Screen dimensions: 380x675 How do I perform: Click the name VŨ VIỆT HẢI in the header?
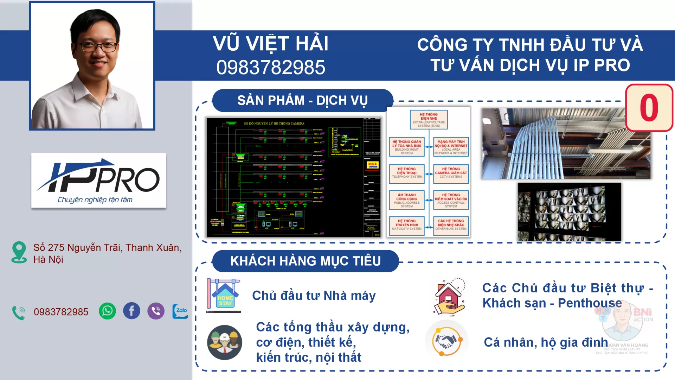click(x=270, y=44)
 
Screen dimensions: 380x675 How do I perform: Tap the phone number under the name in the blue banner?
click(x=270, y=67)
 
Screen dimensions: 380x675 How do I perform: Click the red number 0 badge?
click(x=649, y=108)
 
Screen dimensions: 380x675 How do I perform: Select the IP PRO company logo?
click(x=98, y=180)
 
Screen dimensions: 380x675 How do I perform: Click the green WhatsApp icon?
click(x=107, y=311)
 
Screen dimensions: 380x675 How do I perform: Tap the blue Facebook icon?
click(x=131, y=311)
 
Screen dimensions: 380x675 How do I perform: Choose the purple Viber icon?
click(x=156, y=311)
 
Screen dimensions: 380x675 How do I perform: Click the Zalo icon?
click(x=180, y=311)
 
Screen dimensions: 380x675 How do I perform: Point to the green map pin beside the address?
click(x=19, y=252)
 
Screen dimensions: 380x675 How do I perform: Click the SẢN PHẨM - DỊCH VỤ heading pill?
click(x=302, y=101)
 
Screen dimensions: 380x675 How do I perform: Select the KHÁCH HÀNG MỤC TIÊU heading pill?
click(x=305, y=261)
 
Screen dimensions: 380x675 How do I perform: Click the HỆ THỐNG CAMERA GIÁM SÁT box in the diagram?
click(x=451, y=173)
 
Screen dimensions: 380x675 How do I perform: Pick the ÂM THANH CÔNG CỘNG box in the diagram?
click(x=407, y=200)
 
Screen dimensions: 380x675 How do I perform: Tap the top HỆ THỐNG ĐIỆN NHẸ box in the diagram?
click(x=429, y=120)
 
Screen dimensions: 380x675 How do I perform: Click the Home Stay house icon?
click(x=224, y=296)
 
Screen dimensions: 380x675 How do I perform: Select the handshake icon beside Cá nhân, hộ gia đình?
click(x=446, y=341)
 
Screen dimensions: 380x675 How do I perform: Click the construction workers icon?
click(x=224, y=342)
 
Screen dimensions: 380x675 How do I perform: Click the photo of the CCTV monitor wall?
click(x=569, y=212)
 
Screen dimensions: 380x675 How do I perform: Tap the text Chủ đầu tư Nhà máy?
click(x=314, y=296)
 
